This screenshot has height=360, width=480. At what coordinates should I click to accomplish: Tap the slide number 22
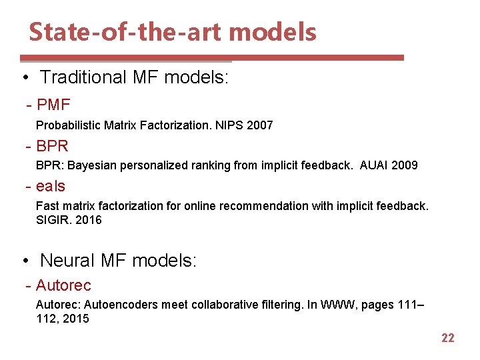click(x=448, y=338)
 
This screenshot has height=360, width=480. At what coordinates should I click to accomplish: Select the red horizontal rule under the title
click(x=212, y=58)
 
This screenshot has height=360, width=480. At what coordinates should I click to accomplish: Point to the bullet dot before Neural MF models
click(x=25, y=260)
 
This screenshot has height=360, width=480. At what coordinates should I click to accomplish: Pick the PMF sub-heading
click(x=53, y=105)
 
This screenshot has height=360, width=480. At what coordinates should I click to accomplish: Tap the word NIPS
click(x=229, y=125)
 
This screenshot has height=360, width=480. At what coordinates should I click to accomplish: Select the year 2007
click(x=259, y=125)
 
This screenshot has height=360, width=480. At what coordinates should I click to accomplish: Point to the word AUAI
click(x=373, y=165)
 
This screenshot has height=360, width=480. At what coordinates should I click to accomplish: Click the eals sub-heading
click(x=51, y=187)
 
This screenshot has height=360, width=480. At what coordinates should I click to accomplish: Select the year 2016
click(x=89, y=220)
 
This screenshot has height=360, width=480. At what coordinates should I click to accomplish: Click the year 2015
click(x=75, y=319)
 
